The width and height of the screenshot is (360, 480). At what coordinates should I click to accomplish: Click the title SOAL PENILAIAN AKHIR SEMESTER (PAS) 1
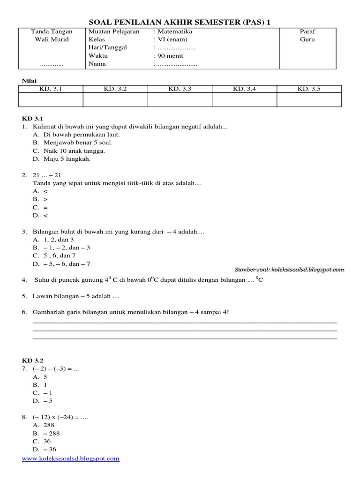pyautogui.click(x=180, y=22)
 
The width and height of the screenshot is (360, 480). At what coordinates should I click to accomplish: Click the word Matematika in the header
pyautogui.click(x=173, y=31)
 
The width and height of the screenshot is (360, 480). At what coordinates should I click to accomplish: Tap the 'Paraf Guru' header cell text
pyautogui.click(x=307, y=36)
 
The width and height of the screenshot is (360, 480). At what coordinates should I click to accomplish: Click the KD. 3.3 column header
pyautogui.click(x=180, y=89)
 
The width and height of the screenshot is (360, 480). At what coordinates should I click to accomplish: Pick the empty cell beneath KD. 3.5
pyautogui.click(x=309, y=99)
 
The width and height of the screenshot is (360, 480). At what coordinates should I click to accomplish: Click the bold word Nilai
pyautogui.click(x=29, y=81)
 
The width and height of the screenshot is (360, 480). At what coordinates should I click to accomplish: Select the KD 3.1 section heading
pyautogui.click(x=33, y=119)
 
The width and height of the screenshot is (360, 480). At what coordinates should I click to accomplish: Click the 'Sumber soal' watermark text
pyautogui.click(x=289, y=270)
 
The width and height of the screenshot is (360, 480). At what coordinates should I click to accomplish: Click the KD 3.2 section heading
pyautogui.click(x=33, y=360)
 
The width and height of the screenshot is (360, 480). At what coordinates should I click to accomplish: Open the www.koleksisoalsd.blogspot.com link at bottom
pyautogui.click(x=71, y=458)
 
